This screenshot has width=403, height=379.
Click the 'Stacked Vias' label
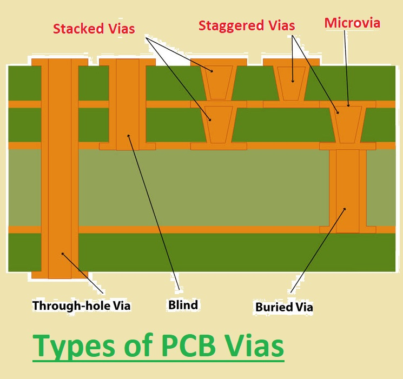point(94,29)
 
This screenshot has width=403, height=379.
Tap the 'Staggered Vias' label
point(247,26)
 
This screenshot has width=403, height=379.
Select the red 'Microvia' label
point(352,23)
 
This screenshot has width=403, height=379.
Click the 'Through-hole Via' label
point(81,305)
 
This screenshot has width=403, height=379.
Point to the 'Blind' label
point(183,305)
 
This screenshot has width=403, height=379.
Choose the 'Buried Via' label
point(284,307)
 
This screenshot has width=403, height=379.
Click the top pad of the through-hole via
point(60,62)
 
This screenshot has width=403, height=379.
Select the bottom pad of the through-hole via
point(60,275)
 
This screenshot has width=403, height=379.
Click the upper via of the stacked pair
point(219,83)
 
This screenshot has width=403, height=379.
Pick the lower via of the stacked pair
point(219,125)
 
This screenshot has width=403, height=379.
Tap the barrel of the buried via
point(348,191)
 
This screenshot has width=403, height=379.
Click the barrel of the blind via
point(128,104)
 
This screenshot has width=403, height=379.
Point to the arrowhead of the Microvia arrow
point(348,105)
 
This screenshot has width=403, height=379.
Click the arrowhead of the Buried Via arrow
point(345,209)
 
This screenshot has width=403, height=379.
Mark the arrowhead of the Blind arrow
point(129,136)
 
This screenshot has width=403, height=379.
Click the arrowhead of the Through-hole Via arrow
point(63,254)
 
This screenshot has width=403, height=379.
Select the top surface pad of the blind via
point(128,62)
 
